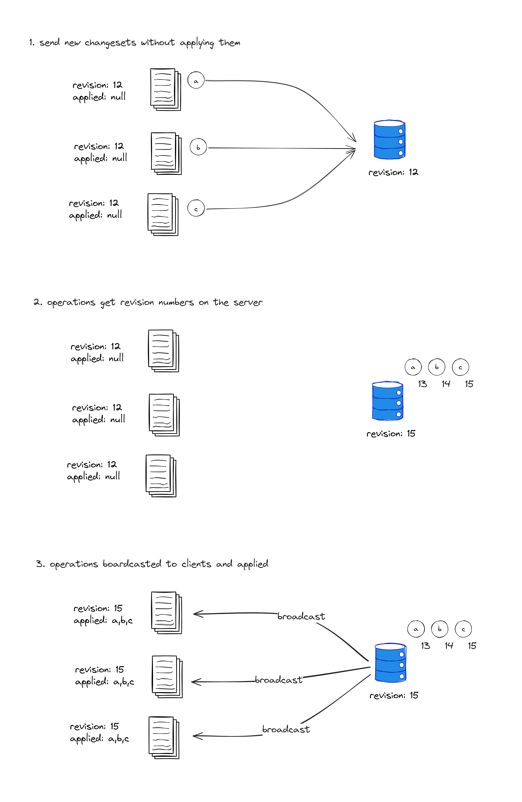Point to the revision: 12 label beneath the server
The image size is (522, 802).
click(x=393, y=173)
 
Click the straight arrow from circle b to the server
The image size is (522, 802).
click(x=282, y=148)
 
